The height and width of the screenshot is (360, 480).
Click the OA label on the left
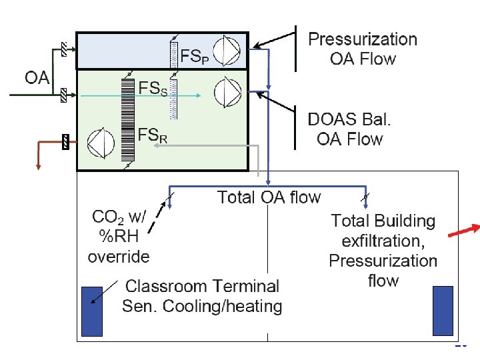(37, 78)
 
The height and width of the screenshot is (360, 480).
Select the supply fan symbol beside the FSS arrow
(227, 91)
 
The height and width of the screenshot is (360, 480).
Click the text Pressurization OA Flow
(362, 49)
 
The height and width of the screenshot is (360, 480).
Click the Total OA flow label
(269, 197)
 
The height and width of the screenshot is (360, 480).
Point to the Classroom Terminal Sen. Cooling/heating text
(202, 296)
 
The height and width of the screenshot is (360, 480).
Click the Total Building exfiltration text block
(383, 250)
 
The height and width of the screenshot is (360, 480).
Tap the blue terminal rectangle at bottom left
(91, 311)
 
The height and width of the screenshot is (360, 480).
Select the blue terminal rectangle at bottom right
(443, 311)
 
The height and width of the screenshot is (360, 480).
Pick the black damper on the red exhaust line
(65, 142)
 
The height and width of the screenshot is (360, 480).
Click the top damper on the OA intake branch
(63, 49)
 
